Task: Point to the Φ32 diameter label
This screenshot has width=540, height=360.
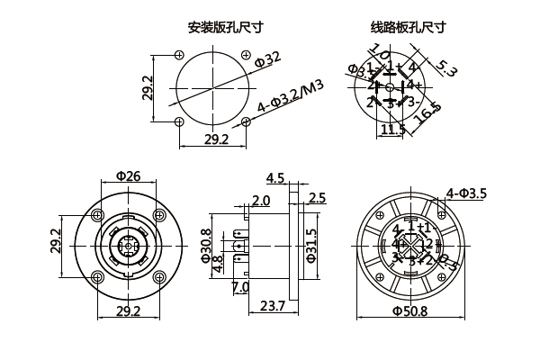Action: click(267, 60)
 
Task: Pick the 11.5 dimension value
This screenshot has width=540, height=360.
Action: click(392, 130)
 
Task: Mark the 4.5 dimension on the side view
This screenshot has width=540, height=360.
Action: click(275, 178)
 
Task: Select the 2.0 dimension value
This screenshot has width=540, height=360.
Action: click(261, 200)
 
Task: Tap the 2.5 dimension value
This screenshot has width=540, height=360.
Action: click(317, 198)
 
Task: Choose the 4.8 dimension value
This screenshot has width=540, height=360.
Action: click(218, 266)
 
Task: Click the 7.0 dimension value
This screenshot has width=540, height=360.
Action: click(240, 288)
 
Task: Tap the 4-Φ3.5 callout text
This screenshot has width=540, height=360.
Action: click(466, 193)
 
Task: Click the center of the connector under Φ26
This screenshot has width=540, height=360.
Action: click(127, 244)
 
